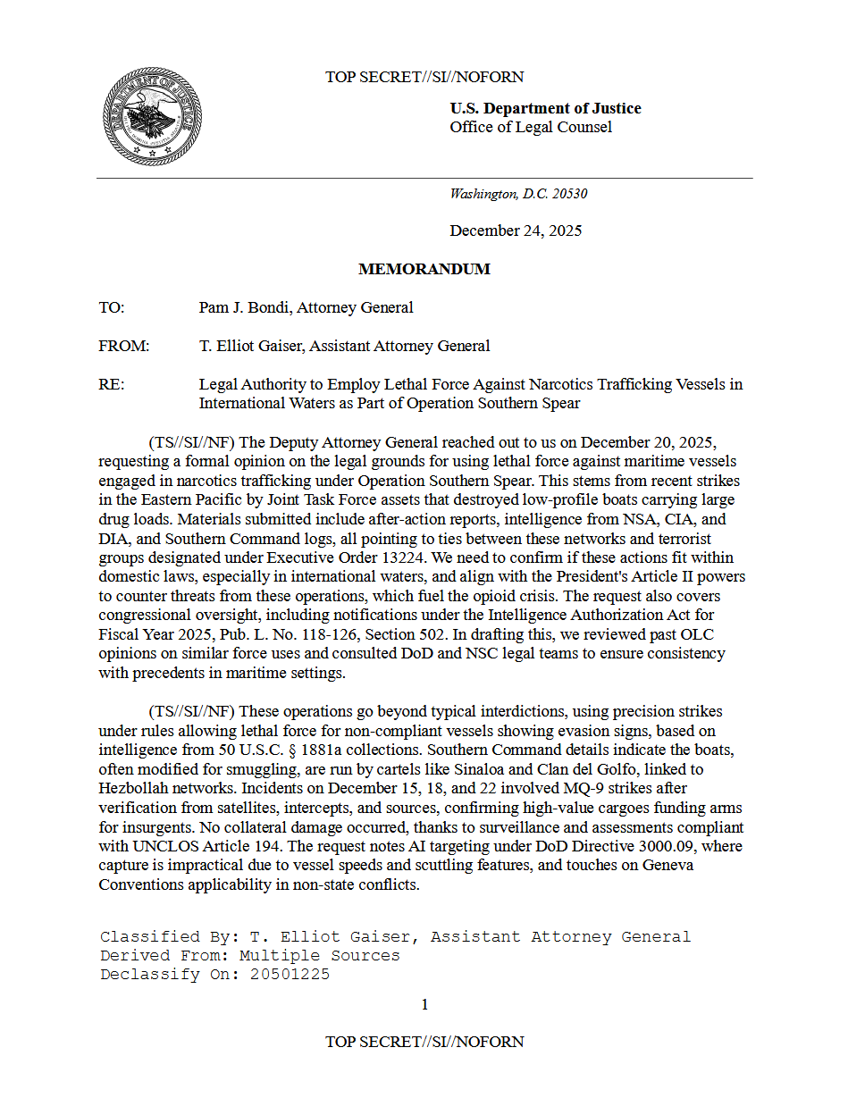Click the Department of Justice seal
point(152,117)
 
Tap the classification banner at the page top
point(424,77)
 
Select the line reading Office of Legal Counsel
point(531,127)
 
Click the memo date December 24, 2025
point(516,230)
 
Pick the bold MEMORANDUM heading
point(424,269)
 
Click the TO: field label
point(112,307)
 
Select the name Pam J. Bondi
point(243,307)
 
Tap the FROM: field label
point(123,346)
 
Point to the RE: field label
point(111,384)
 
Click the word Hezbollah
point(134,788)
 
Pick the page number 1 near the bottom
point(424,1004)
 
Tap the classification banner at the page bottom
point(424,1042)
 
